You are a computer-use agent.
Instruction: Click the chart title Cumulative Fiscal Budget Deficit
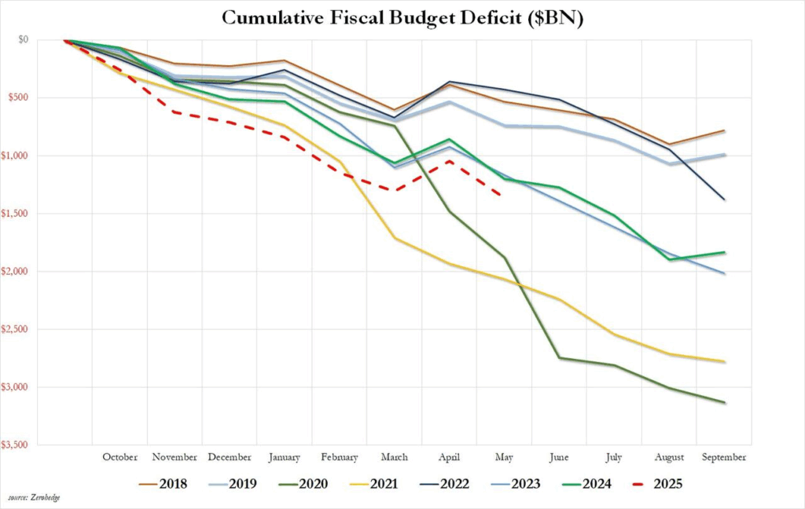click(x=402, y=18)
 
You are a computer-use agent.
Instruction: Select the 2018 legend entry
click(x=160, y=484)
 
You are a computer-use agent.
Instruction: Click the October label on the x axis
click(x=119, y=457)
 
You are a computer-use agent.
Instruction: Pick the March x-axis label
click(x=395, y=457)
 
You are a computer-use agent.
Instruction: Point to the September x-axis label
click(x=723, y=457)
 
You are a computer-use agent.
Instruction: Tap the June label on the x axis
click(x=559, y=457)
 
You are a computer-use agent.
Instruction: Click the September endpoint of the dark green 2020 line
click(x=724, y=403)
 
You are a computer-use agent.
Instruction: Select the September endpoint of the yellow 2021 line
click(x=724, y=361)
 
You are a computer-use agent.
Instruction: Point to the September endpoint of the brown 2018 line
click(x=724, y=130)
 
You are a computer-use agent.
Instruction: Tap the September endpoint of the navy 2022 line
click(x=724, y=200)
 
